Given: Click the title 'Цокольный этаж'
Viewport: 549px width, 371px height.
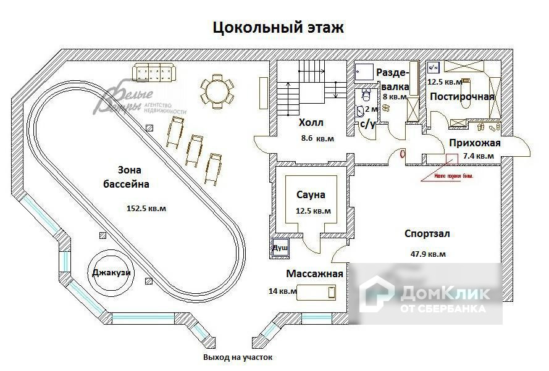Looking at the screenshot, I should pyautogui.click(x=278, y=28).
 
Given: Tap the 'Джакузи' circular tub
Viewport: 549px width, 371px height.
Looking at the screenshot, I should pyautogui.click(x=111, y=273).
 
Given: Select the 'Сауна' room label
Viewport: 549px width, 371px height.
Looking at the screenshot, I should pyautogui.click(x=310, y=195).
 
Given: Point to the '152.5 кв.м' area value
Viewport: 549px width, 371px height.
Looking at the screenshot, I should pyautogui.click(x=146, y=208).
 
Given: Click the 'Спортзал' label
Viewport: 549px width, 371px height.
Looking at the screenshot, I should pyautogui.click(x=427, y=234).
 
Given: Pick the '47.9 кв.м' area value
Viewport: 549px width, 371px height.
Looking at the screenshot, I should pyautogui.click(x=428, y=253).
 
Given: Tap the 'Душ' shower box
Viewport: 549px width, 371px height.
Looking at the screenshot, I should pyautogui.click(x=280, y=248).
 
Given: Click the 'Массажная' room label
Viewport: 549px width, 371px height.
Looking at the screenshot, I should pyautogui.click(x=314, y=273).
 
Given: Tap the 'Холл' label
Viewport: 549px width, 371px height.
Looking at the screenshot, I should pyautogui.click(x=311, y=123).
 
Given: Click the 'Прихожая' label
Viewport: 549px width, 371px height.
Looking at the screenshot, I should pyautogui.click(x=474, y=143).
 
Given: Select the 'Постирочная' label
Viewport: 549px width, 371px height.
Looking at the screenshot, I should pyautogui.click(x=462, y=97).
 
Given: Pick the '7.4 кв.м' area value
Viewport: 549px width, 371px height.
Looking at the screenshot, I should pyautogui.click(x=478, y=156).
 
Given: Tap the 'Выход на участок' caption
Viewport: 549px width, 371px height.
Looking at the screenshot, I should pyautogui.click(x=238, y=357).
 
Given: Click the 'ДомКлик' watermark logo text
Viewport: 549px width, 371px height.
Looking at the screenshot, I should pyautogui.click(x=445, y=293).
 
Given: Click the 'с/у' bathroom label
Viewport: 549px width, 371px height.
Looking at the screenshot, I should pyautogui.click(x=368, y=123).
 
